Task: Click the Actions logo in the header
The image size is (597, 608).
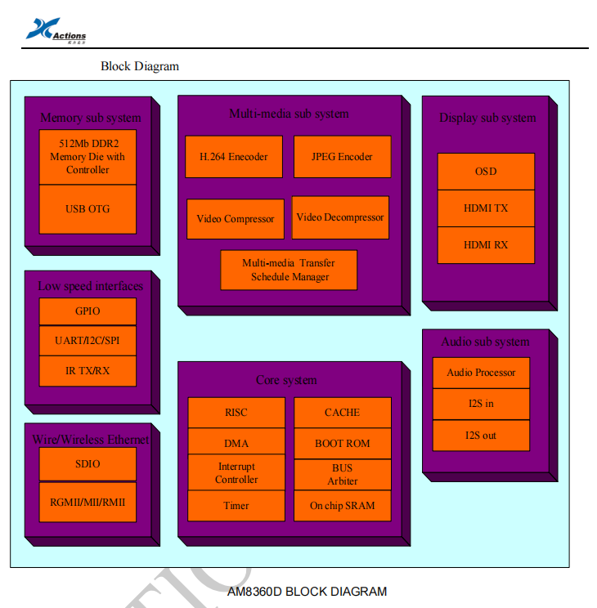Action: coord(56,30)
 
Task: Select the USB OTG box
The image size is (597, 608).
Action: coord(88,209)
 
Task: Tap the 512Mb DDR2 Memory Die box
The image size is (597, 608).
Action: coord(88,157)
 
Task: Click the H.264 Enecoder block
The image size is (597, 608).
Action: coord(234,157)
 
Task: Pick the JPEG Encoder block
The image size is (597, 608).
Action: coord(342,157)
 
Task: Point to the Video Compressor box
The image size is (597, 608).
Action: coord(236,219)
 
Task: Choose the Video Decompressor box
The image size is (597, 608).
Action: coord(340,217)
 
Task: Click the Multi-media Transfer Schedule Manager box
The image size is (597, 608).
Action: coord(289,270)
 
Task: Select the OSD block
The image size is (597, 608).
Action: coord(486,172)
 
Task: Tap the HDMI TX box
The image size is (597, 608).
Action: coord(486,208)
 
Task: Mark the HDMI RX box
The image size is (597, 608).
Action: coord(486,245)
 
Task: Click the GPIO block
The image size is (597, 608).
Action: coord(88,311)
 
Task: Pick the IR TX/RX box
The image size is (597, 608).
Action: coord(88,371)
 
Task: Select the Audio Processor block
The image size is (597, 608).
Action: coord(481,373)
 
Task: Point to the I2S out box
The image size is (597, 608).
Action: coord(481,436)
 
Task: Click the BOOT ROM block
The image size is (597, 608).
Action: coord(343,444)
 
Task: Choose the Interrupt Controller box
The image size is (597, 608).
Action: coord(236,473)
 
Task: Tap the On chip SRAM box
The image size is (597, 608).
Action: coord(343,506)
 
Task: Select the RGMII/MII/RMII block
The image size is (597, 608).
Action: coord(88,502)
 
